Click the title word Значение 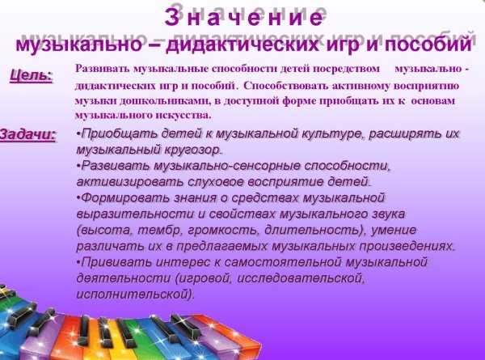click(x=244, y=17)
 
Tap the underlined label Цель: click(x=31, y=75)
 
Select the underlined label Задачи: click(x=27, y=134)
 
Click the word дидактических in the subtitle click(x=242, y=44)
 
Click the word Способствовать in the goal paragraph click(x=286, y=85)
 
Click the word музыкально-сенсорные click(x=227, y=166)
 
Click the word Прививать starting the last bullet click(x=116, y=262)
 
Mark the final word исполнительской click(x=135, y=294)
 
